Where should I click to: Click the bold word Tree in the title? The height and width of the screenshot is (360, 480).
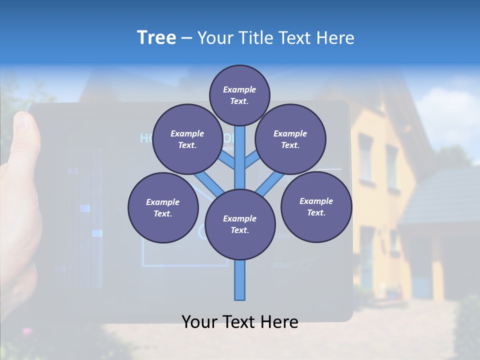click(156, 38)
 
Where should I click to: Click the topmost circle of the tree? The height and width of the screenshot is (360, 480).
click(239, 95)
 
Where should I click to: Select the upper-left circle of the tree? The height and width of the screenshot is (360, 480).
click(187, 139)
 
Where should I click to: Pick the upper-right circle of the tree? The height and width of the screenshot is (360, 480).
click(290, 139)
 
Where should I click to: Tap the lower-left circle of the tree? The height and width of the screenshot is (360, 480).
click(163, 207)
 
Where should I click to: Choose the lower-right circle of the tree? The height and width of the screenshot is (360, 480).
click(316, 206)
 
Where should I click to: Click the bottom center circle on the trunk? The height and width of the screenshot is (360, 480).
click(240, 224)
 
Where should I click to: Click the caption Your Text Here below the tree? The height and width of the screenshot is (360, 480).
click(240, 322)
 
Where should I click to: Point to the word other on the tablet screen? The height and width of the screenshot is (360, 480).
click(282, 264)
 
